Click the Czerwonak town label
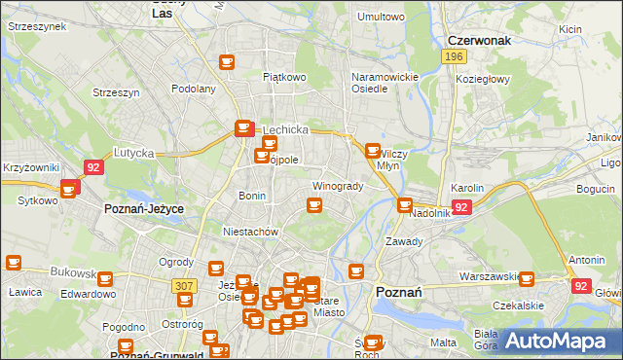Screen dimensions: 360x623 (480, 41)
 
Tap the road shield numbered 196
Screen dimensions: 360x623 (453, 57)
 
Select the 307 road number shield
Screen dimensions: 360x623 (182, 286)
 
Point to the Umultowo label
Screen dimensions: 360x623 (381, 17)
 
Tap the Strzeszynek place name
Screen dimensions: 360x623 (36, 26)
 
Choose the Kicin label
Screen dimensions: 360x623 (570, 29)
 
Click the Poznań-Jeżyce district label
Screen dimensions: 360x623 (144, 209)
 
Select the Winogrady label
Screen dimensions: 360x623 (338, 186)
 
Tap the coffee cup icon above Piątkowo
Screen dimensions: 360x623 (227, 62)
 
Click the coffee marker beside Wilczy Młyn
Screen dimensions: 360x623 (372, 151)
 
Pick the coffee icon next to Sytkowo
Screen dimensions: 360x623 (68, 189)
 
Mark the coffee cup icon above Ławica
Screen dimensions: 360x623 (14, 262)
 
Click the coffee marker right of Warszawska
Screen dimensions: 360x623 (527, 279)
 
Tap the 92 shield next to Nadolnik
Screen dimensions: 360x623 (461, 207)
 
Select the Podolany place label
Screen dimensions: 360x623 (193, 89)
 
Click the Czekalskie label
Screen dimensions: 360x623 (518, 305)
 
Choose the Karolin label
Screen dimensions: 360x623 (468, 186)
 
